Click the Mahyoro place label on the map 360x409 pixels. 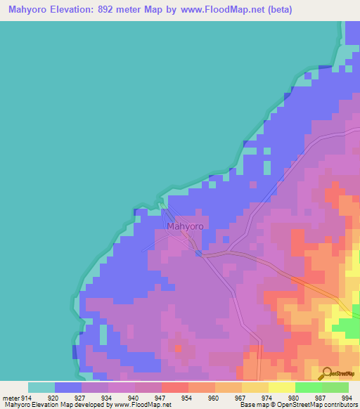point(185,227)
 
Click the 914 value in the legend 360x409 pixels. point(25,397)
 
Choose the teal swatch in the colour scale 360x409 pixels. point(41,387)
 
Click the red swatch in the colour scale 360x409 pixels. point(175,387)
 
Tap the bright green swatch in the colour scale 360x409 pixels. point(309,387)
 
